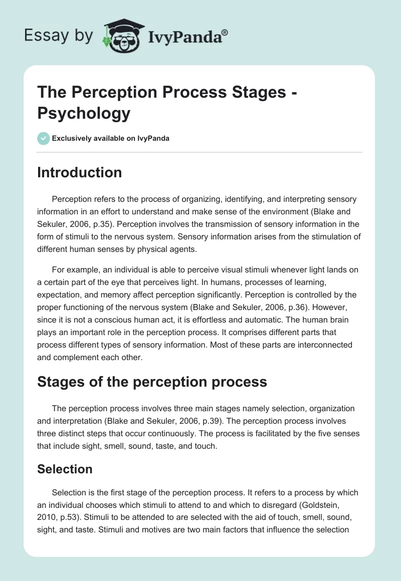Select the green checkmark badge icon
coord(43,138)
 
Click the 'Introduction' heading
coord(80,172)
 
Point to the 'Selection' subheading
coord(65,469)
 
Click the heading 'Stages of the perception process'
coord(152,382)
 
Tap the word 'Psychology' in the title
coord(84,113)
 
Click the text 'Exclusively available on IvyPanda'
coord(110,138)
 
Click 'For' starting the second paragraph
coord(59,269)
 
